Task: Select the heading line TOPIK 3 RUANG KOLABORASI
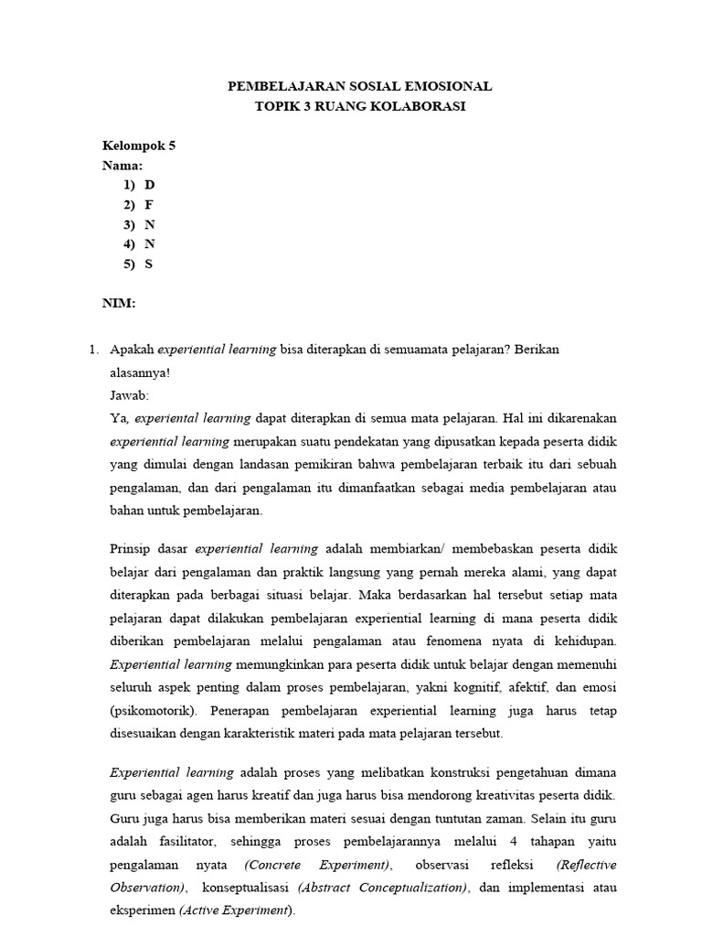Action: [359, 106]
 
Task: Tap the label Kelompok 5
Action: [138, 145]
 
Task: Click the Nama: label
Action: [122, 166]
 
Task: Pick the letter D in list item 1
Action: [149, 185]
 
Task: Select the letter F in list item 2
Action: [148, 205]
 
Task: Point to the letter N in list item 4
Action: [149, 244]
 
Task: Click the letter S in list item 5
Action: [148, 264]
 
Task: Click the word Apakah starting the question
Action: [132, 350]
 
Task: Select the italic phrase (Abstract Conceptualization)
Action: [383, 888]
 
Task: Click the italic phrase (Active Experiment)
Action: [237, 910]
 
